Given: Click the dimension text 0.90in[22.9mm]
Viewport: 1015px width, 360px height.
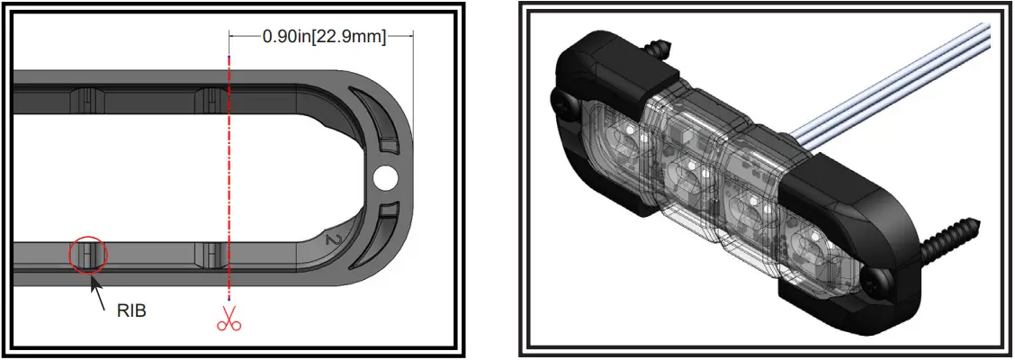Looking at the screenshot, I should coord(323,37).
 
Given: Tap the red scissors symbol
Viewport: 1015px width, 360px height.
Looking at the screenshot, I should coord(230,318).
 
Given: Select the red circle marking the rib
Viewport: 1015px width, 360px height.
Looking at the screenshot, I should coord(88,254).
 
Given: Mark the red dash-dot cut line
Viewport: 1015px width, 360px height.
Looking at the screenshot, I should coord(230,180).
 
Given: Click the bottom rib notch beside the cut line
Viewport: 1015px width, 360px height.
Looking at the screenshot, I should coord(208,254).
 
